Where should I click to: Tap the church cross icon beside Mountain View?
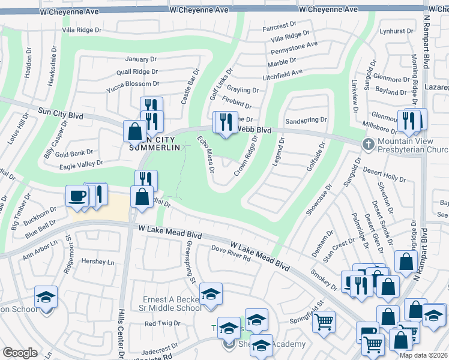tap(369, 144)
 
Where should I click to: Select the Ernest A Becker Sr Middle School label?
tap(172, 304)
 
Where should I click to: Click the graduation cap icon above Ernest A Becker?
tap(210, 295)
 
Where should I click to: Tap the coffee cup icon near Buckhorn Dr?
tap(77, 196)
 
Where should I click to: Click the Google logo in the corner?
tap(20, 353)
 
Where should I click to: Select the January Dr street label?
tap(140, 59)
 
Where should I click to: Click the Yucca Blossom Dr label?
tap(132, 84)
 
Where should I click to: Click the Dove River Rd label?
tap(230, 257)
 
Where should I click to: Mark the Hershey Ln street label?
tap(97, 262)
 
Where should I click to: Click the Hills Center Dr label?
tap(122, 324)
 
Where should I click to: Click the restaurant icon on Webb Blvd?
tap(226, 122)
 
